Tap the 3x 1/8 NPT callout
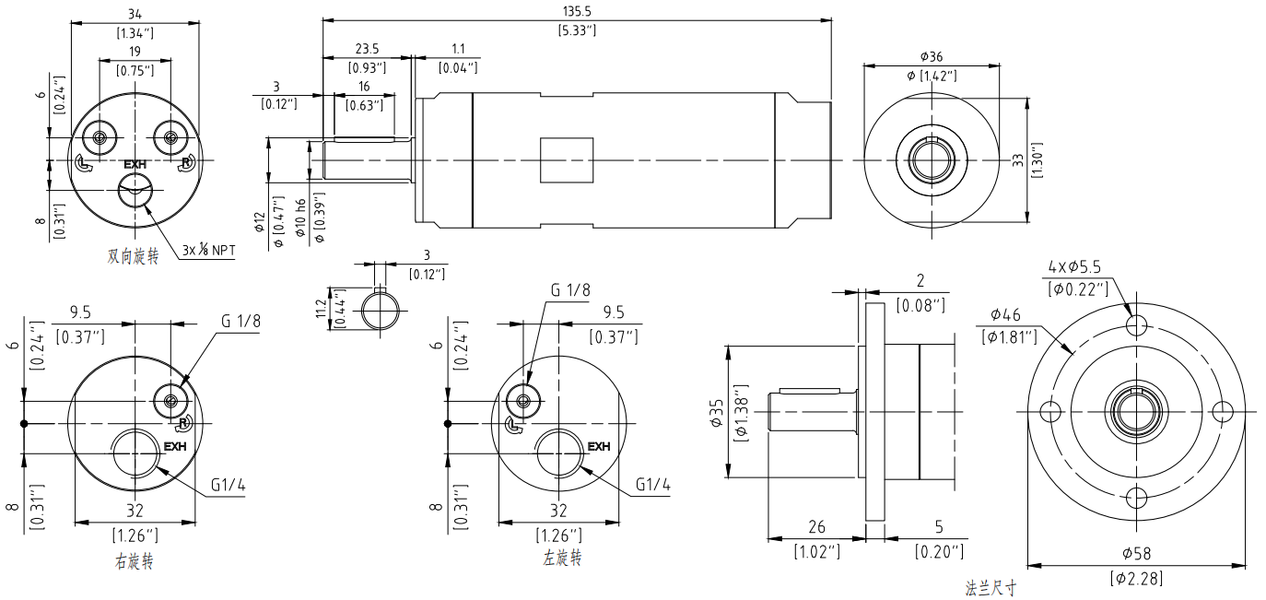(x=207, y=250)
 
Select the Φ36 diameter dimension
(x=932, y=57)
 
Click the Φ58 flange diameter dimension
(x=1137, y=554)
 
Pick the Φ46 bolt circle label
(x=1007, y=313)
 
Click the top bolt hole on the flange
(x=1138, y=324)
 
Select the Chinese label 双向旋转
(x=134, y=256)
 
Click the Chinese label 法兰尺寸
(x=991, y=587)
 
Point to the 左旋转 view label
(x=563, y=559)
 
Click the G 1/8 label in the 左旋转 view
(x=570, y=290)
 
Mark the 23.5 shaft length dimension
(x=367, y=49)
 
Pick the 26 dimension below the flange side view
(x=816, y=528)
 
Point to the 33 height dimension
(x=1017, y=159)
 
